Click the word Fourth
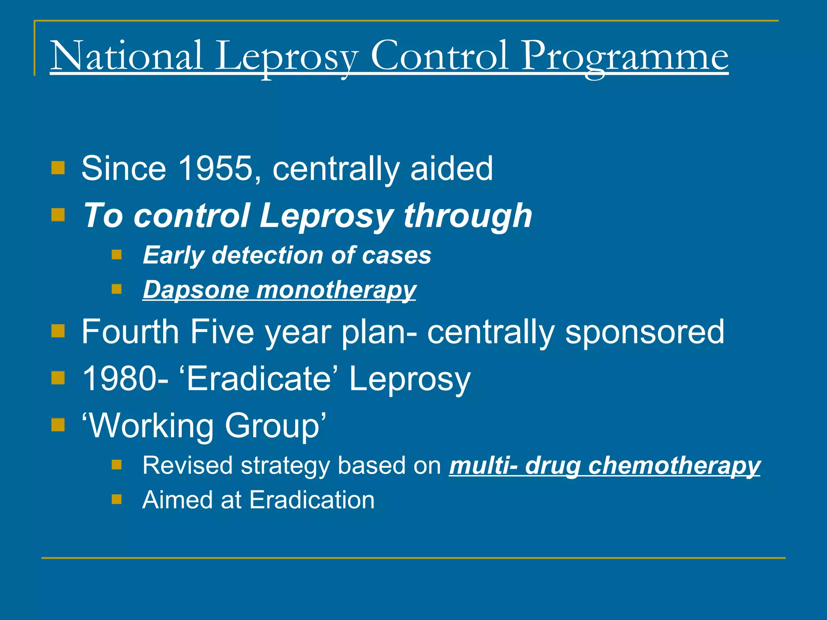point(130,331)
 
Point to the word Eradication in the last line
point(312,500)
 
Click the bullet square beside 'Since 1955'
point(58,168)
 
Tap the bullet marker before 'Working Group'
point(58,425)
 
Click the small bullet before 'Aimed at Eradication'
point(117,500)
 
